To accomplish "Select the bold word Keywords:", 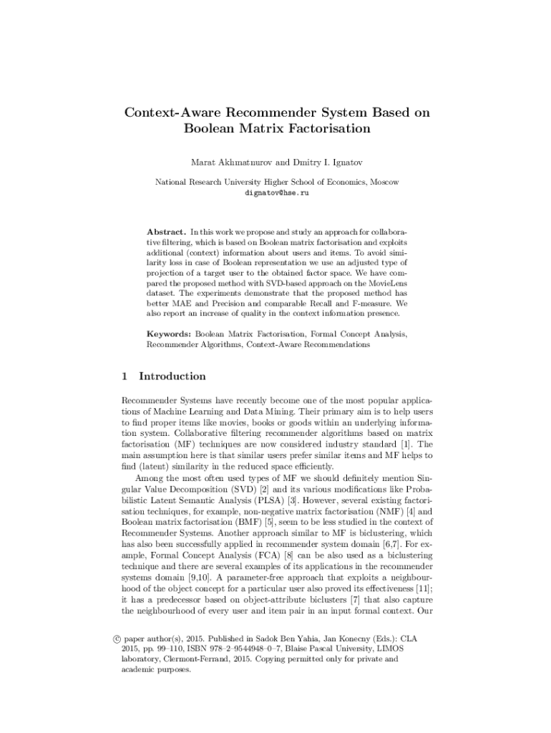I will point(169,334).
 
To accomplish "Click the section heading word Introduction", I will point(172,377).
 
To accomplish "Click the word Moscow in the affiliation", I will point(384,183).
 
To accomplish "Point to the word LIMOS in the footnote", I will point(379,648).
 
